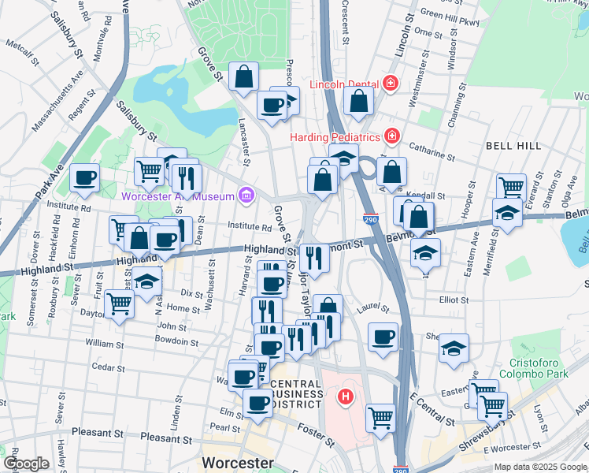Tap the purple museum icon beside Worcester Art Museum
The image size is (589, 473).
pos(246,195)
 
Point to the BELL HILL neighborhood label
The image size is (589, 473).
pos(513,146)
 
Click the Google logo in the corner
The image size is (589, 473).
pos(25,464)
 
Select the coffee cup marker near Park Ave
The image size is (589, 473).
pos(85,178)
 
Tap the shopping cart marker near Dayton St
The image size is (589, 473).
pos(118,304)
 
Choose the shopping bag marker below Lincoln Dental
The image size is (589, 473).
pos(358,102)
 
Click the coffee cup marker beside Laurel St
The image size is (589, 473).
pos(383,337)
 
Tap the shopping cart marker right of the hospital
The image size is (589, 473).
pos(381,417)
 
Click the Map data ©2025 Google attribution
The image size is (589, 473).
pos(540,467)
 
